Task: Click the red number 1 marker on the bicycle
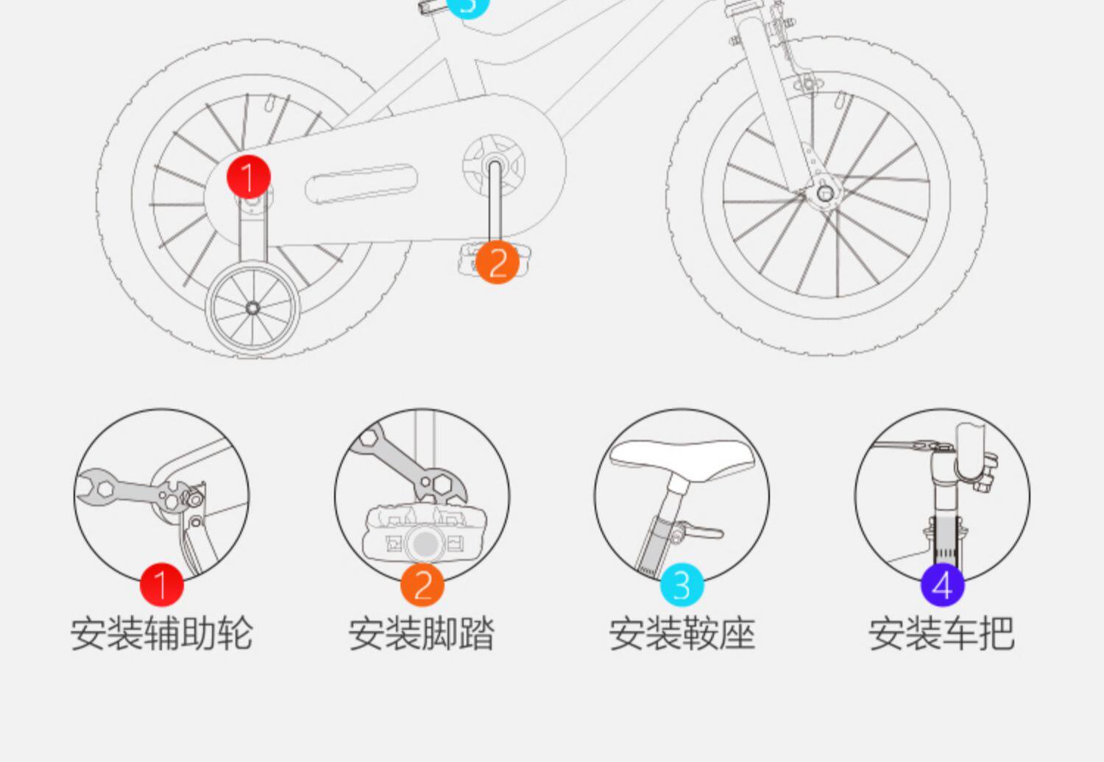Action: point(249,177)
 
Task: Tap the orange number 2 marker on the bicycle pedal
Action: point(497,262)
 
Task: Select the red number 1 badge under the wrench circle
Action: point(161,585)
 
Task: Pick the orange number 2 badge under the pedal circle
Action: point(422,585)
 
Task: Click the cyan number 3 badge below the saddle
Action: point(682,585)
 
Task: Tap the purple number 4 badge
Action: point(942,585)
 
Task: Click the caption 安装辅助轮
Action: point(162,633)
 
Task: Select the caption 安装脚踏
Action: point(422,633)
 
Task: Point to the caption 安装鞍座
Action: point(682,633)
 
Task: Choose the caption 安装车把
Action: point(942,633)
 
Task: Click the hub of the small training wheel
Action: point(252,307)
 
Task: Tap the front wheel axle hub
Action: point(825,193)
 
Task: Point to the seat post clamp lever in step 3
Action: point(703,530)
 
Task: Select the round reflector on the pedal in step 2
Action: point(425,544)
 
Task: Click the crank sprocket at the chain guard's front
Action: point(495,162)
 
